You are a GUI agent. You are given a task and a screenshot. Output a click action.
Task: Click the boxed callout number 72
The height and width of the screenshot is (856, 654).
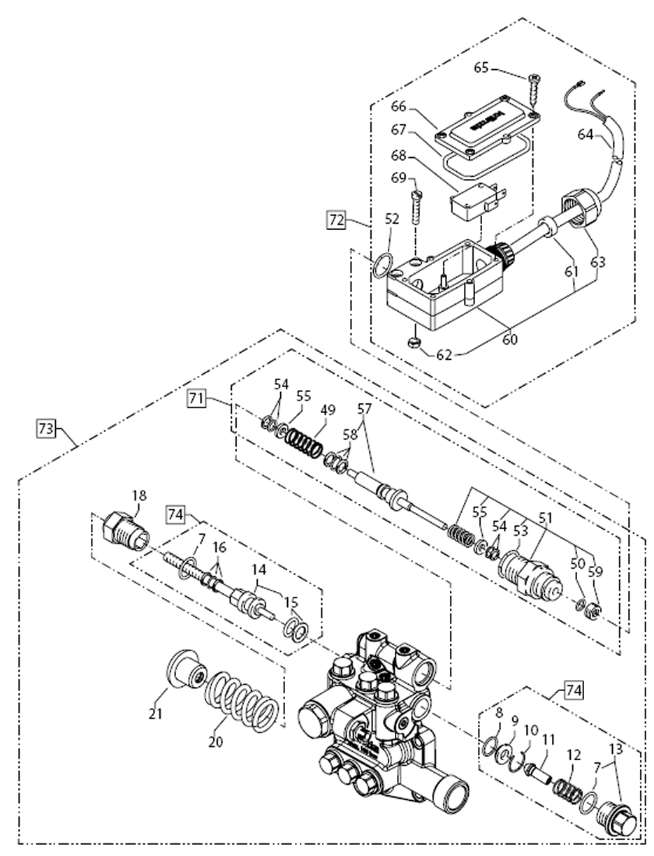[336, 220]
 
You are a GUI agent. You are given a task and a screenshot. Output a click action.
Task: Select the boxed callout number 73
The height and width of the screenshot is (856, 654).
[45, 429]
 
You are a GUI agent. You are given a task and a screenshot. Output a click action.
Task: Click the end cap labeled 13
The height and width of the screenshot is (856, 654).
[618, 819]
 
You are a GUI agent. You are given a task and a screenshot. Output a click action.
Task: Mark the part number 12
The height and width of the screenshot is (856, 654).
[574, 755]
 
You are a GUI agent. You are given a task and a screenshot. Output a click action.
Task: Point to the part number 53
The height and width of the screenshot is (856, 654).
[521, 532]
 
